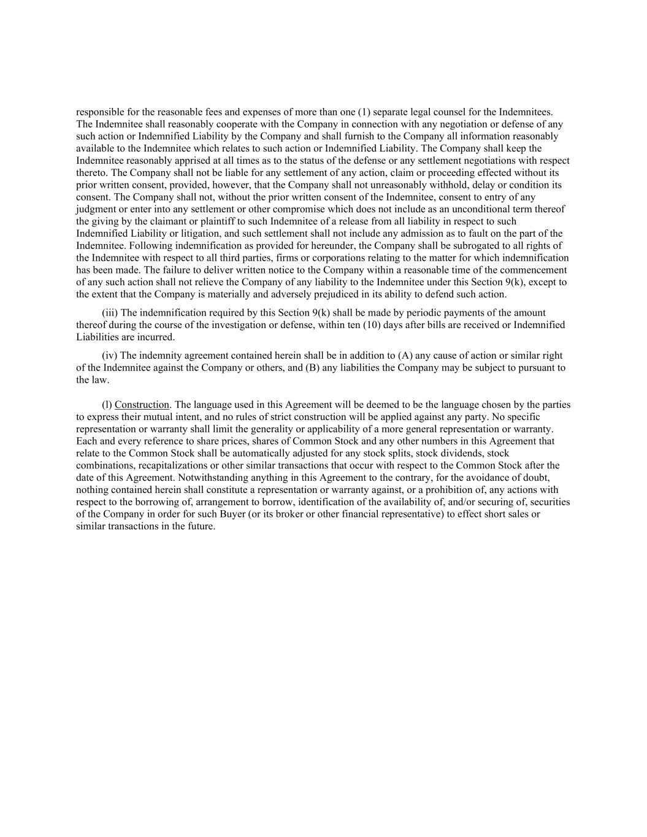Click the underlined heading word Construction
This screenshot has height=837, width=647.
142,405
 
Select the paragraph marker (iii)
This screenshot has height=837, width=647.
110,313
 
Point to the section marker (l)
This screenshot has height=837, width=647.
107,405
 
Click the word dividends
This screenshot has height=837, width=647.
456,453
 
